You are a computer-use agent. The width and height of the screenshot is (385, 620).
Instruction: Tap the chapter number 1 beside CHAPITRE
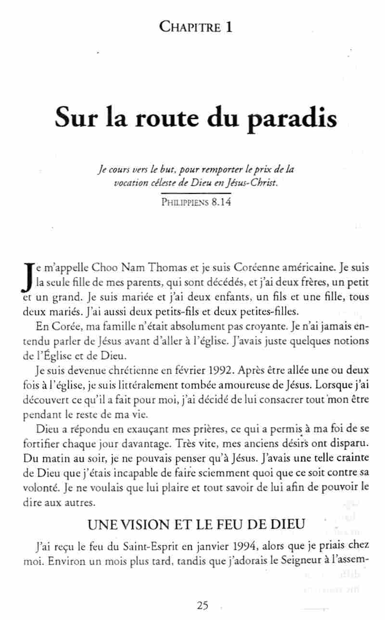point(229,27)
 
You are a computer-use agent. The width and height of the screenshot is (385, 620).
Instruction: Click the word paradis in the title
point(293,118)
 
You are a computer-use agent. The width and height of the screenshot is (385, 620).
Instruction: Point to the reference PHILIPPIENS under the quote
point(183,202)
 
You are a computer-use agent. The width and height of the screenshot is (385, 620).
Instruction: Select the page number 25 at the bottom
point(203,606)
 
